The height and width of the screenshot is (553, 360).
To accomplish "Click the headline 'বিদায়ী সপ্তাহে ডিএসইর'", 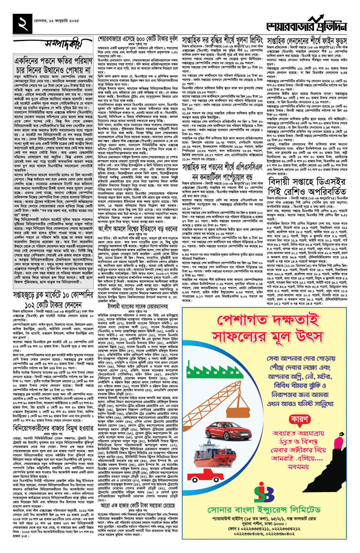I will [307, 181].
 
